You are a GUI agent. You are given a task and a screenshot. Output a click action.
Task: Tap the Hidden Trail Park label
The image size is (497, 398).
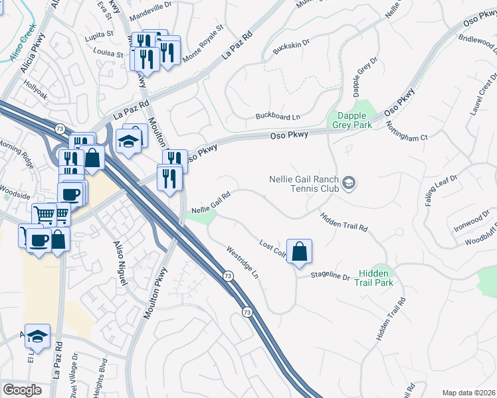[375, 278]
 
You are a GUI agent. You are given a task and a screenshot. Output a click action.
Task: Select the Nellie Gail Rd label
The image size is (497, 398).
[211, 203]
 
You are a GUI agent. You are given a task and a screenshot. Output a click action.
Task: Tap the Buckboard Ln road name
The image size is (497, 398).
[278, 117]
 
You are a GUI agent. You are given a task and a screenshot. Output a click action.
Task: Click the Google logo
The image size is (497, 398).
[22, 389]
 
